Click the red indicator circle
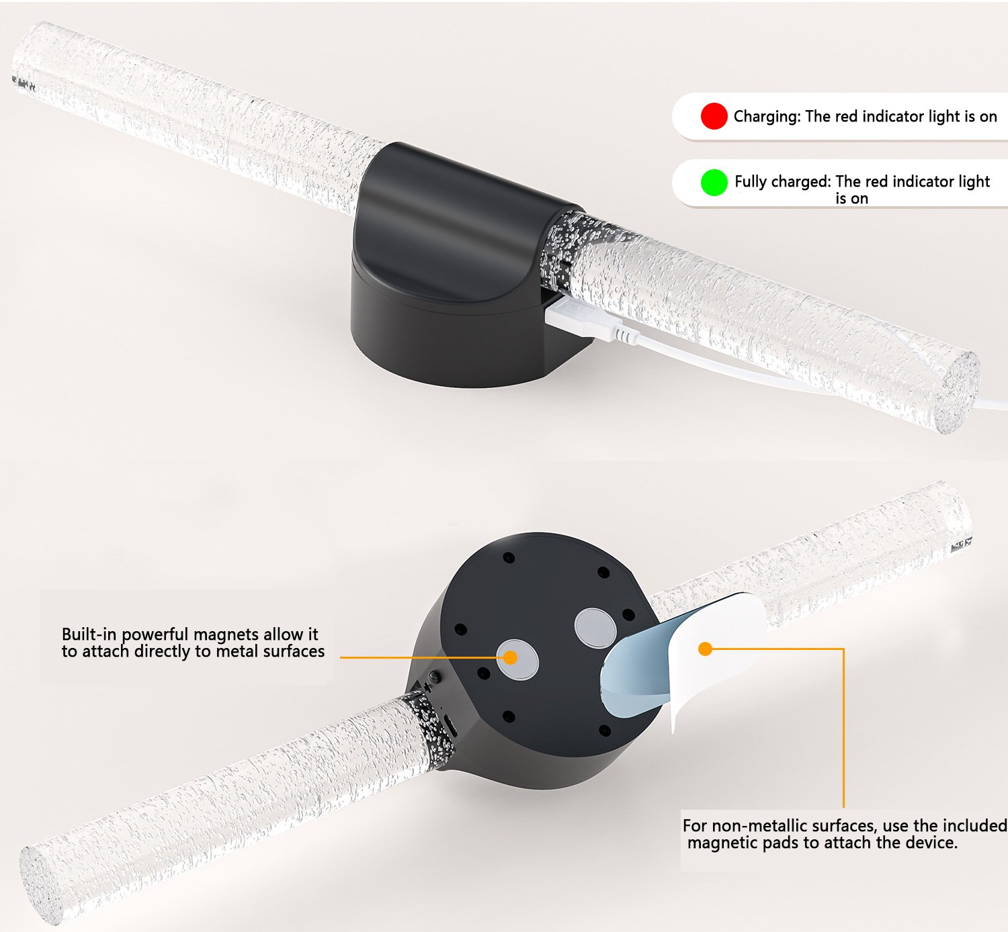(x=714, y=116)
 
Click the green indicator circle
(x=714, y=182)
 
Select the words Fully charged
(x=782, y=181)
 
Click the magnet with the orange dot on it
(x=517, y=659)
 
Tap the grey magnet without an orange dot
(x=595, y=628)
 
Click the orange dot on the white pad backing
(x=705, y=649)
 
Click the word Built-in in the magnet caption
(x=90, y=634)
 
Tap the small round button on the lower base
(x=435, y=676)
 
